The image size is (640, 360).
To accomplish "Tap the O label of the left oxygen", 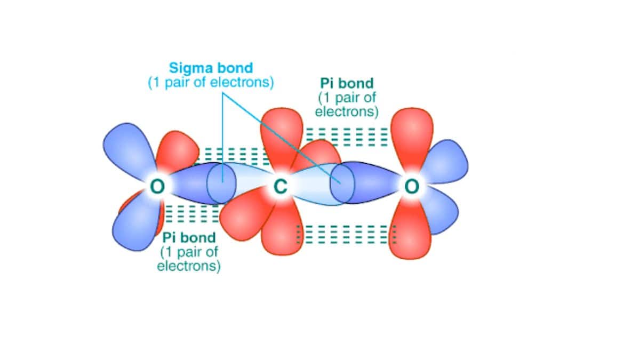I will pyautogui.click(x=157, y=186).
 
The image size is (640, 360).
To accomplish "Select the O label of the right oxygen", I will pyautogui.click(x=412, y=186).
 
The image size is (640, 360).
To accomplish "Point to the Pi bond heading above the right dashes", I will pyautogui.click(x=347, y=83).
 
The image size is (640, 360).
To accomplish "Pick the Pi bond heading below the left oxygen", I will pyautogui.click(x=189, y=237).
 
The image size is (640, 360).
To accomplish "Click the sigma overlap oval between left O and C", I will pyautogui.click(x=221, y=183).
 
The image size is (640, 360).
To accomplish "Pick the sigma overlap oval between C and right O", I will pyautogui.click(x=342, y=183).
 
